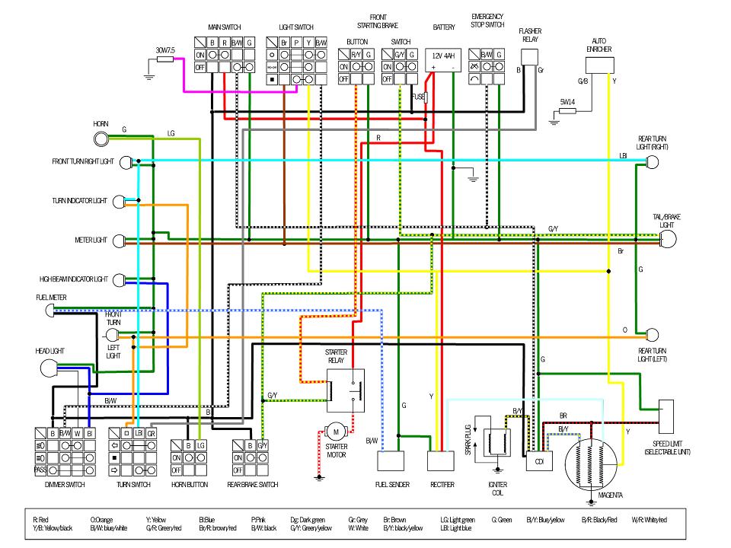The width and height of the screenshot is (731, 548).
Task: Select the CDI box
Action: (538, 461)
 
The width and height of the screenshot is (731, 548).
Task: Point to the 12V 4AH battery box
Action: (443, 61)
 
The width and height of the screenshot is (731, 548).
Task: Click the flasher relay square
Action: (530, 58)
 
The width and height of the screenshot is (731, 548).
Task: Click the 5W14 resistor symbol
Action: (567, 110)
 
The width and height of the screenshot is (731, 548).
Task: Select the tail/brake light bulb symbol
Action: (668, 240)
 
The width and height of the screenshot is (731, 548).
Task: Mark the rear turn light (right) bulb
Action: (652, 161)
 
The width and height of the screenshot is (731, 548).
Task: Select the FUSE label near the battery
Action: (417, 97)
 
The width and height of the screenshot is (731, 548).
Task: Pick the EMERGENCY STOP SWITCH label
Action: (488, 21)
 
